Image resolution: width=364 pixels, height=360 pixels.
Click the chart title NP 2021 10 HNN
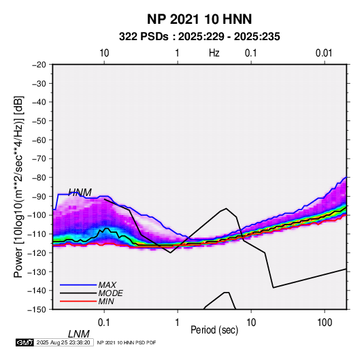199,19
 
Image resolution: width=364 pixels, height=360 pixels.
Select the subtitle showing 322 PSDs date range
199,37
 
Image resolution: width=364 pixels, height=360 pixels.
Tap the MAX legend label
107,284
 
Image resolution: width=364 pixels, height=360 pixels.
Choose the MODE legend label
110,293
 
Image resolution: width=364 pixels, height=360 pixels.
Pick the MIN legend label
106,301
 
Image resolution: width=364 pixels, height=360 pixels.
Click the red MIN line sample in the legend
78,301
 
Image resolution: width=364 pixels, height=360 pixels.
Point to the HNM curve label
80,193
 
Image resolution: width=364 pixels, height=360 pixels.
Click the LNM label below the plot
78,334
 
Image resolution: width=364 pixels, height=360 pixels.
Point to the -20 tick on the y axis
39,65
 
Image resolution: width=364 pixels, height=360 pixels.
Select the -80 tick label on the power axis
39,178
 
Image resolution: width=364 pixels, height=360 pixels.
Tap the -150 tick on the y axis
37,310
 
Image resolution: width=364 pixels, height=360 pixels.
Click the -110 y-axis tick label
37,234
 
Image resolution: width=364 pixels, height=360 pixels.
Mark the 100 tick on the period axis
325,323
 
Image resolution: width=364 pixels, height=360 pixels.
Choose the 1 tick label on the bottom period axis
178,323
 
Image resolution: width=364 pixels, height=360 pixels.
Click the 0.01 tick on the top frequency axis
324,53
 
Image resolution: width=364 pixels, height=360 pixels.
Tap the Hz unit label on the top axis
214,53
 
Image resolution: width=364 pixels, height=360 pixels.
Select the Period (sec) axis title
214,330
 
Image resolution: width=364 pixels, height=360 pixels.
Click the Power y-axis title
18,186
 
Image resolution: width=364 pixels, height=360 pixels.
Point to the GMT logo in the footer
24,342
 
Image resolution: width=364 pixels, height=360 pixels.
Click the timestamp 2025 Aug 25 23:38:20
63,342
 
